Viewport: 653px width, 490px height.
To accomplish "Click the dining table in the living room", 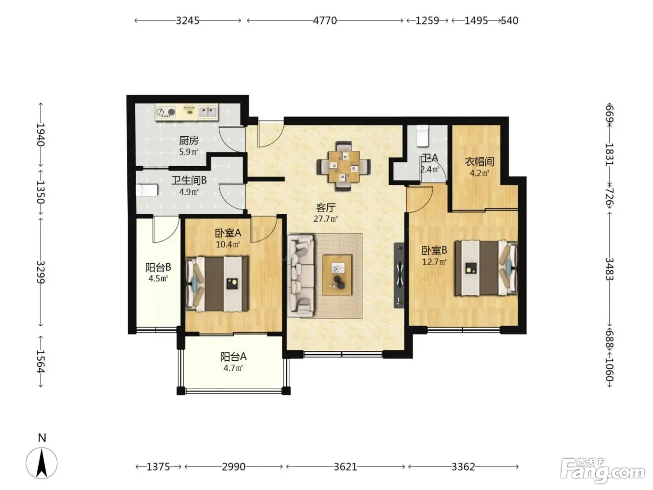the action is click(344, 166).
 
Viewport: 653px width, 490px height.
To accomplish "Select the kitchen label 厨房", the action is click(188, 140).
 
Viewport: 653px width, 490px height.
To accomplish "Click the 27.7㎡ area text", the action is click(326, 219).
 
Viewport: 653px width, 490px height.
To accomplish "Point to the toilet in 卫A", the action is click(422, 136).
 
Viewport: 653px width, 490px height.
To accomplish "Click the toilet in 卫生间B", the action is click(146, 190).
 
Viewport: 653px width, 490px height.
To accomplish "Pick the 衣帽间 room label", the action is click(479, 162).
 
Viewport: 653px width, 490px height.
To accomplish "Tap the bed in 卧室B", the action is click(486, 268).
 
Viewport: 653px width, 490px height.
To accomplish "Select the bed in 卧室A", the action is click(217, 284).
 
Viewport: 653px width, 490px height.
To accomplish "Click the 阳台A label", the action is click(233, 357).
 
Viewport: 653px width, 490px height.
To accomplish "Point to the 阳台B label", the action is click(158, 267).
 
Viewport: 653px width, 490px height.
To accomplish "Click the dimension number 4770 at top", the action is click(325, 21).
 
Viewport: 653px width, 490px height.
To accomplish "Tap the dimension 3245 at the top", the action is click(188, 21).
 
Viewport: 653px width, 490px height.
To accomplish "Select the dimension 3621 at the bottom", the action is click(345, 467).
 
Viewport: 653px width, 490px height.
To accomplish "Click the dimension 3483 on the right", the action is click(610, 269).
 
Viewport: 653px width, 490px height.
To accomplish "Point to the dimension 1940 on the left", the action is click(41, 134).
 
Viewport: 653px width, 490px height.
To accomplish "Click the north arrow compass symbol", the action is click(42, 463).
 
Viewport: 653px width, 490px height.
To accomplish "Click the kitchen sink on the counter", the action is click(208, 112).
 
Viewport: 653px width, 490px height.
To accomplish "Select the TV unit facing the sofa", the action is click(399, 275).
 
